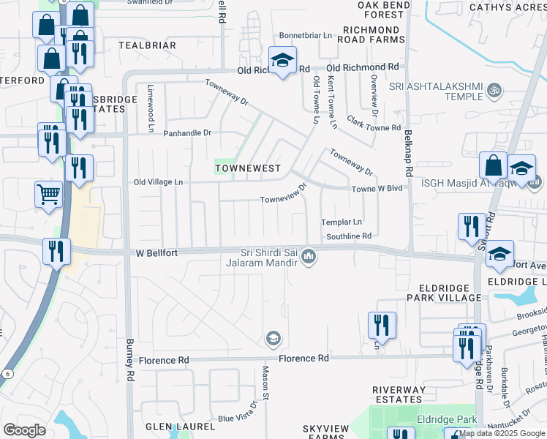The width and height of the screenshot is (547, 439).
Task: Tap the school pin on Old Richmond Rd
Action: (282, 61)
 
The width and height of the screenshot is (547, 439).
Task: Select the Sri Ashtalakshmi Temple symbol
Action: (494, 91)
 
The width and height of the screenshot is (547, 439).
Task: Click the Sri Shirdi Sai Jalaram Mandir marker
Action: (309, 256)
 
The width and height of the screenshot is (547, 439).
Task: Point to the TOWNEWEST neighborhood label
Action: (248, 168)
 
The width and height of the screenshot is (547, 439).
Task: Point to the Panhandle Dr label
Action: (186, 133)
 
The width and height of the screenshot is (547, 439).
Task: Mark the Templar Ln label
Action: (342, 222)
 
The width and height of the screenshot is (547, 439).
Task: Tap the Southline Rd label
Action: (349, 236)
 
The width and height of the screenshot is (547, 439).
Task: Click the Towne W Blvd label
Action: (377, 188)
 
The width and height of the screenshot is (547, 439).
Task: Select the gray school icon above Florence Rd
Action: (273, 338)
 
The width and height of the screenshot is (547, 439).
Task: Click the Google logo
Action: (24, 430)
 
